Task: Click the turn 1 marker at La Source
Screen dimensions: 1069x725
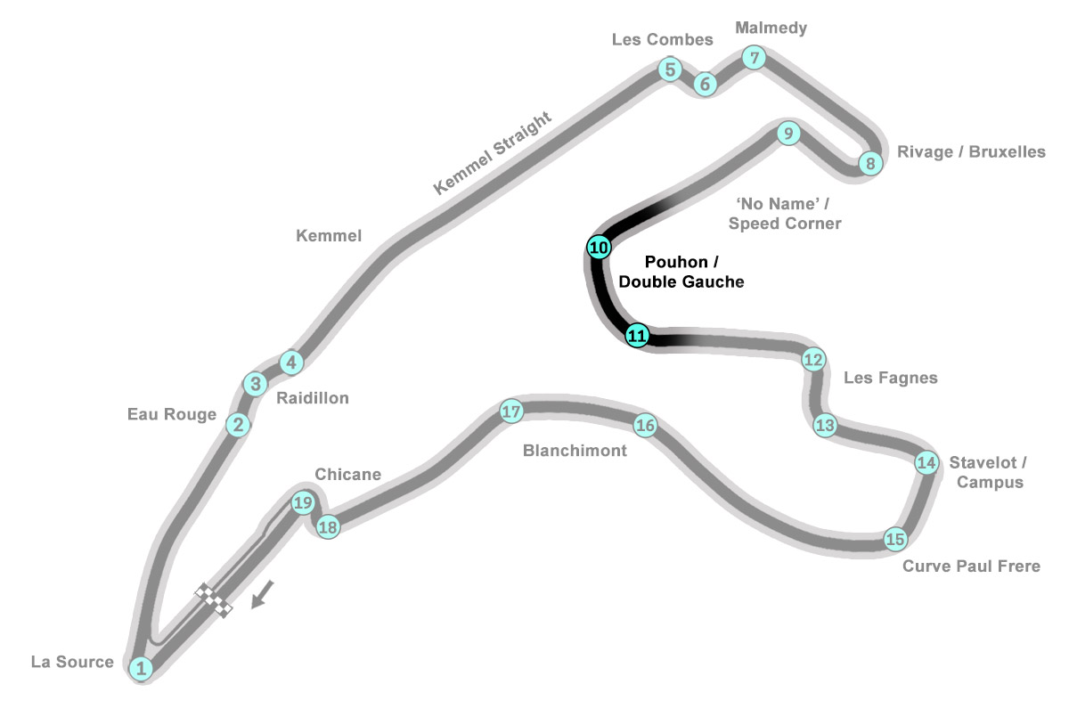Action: click(141, 668)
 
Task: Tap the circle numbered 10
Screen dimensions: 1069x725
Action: click(599, 248)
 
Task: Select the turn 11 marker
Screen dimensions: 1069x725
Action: click(637, 336)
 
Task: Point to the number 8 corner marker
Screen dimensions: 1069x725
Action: click(870, 163)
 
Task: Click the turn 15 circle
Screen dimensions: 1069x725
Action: click(895, 539)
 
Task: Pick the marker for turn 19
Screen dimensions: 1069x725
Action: click(303, 502)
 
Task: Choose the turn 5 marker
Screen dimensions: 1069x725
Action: click(670, 69)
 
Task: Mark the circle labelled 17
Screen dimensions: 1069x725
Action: click(511, 411)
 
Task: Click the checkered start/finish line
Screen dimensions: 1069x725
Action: click(213, 600)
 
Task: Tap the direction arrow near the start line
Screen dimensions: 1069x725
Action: click(263, 594)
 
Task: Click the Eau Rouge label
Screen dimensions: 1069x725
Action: click(172, 414)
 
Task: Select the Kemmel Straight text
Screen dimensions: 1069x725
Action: click(492, 153)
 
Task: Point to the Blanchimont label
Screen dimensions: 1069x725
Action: click(575, 450)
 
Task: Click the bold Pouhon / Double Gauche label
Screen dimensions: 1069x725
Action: click(681, 272)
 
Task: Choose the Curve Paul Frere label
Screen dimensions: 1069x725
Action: click(971, 566)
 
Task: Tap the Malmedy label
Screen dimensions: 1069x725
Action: click(771, 29)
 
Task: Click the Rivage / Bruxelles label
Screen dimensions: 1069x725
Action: click(971, 151)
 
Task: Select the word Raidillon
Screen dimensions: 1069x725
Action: click(313, 398)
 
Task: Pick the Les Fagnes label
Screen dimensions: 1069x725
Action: click(891, 378)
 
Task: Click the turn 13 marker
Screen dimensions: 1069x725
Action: click(825, 425)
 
